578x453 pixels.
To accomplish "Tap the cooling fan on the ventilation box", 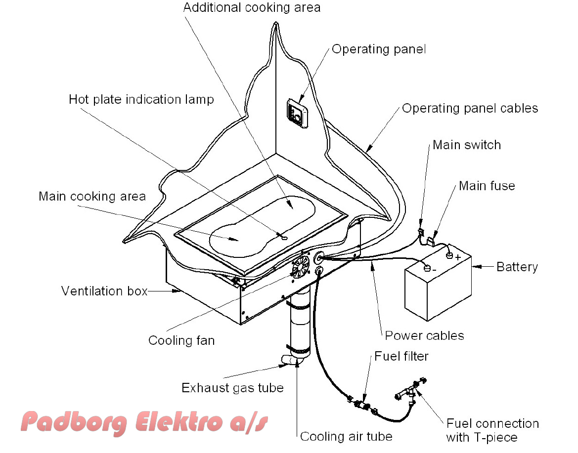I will tap(301, 268).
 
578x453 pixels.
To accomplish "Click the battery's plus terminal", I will tap(449, 256).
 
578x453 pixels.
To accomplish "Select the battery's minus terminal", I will tap(427, 269).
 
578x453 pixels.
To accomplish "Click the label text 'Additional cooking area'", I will tap(252, 7).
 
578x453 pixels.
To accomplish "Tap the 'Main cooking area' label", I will tap(92, 197).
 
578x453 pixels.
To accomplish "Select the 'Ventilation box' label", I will tap(104, 291).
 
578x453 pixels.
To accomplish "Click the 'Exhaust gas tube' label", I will tap(232, 388).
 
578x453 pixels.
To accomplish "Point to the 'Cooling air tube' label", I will tap(346, 437).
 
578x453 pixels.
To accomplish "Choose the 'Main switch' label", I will tap(466, 145).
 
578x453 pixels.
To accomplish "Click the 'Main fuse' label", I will tap(487, 186).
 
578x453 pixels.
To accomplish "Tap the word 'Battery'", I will tap(517, 267).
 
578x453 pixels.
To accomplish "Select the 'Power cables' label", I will tap(424, 335).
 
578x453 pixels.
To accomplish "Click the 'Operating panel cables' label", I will tap(470, 108).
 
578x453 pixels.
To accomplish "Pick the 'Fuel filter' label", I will tap(401, 356).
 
